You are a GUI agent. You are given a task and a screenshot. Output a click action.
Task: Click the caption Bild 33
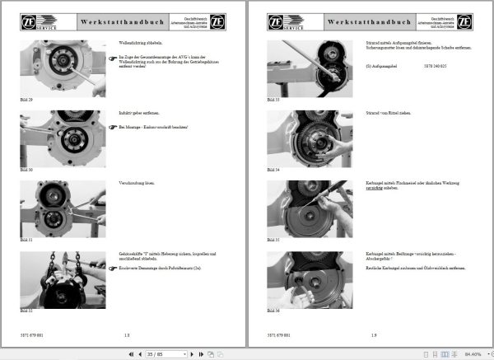pos(273,98)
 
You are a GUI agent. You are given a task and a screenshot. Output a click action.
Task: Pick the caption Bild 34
pos(273,169)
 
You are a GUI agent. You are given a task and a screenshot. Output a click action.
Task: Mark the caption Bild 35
pos(273,240)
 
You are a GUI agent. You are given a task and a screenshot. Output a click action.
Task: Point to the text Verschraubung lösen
pos(132,184)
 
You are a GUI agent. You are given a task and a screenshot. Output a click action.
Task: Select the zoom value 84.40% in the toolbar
pos(471,353)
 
